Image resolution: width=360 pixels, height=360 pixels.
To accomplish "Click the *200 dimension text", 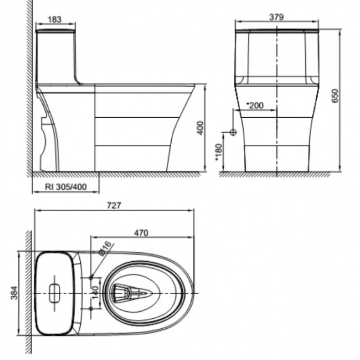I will (x=255, y=105).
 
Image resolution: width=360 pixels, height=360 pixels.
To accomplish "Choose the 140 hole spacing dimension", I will (x=95, y=292).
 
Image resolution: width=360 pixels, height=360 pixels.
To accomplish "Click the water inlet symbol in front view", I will (x=233, y=132).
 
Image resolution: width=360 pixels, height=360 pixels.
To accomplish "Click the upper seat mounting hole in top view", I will (x=91, y=277).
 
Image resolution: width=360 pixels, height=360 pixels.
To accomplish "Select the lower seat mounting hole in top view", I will (x=91, y=308).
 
